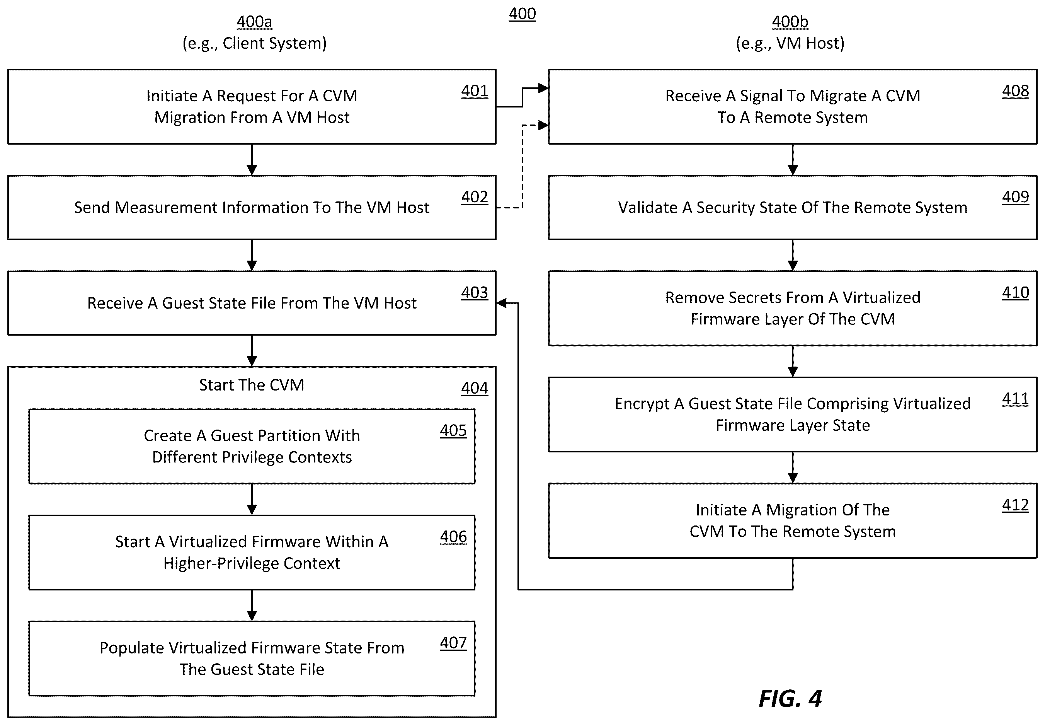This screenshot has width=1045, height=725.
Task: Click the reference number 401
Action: click(x=474, y=91)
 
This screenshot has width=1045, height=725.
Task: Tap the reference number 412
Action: click(x=1016, y=505)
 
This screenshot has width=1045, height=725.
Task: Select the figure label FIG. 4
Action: click(x=790, y=698)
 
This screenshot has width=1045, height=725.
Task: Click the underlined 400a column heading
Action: click(x=254, y=21)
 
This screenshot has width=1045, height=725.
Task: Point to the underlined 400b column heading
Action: click(x=790, y=21)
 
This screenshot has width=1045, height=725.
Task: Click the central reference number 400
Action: click(x=522, y=14)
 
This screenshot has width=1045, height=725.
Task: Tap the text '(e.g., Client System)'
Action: click(x=254, y=43)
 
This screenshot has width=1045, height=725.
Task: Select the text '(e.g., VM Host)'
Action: click(x=790, y=43)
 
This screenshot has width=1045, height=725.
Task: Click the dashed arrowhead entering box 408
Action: click(x=543, y=125)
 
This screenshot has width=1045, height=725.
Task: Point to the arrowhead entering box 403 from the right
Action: click(x=502, y=303)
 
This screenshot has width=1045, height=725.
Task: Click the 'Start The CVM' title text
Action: click(x=252, y=385)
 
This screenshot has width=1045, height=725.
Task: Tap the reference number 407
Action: click(x=453, y=642)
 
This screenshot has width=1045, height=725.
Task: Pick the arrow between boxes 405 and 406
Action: click(x=252, y=499)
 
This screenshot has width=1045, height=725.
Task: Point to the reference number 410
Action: click(x=1016, y=293)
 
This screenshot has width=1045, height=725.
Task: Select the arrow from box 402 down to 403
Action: click(x=252, y=255)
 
